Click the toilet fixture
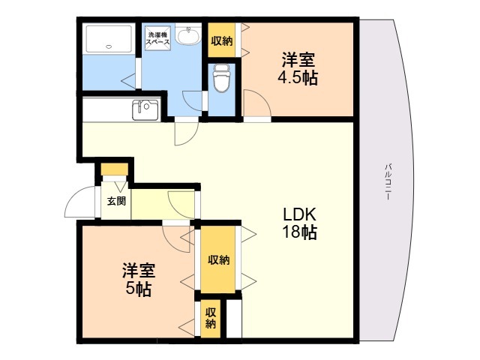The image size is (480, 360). [222, 78]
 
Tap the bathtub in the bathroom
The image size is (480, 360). [109, 39]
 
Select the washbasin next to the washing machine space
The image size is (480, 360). [188, 35]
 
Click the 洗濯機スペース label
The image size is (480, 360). [157, 38]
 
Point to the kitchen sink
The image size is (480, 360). [145, 110]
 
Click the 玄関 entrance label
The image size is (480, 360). [116, 201]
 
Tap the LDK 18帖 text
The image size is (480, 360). [299, 223]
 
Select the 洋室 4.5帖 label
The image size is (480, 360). [298, 68]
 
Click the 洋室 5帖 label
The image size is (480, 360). [139, 279]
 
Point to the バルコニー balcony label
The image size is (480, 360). [388, 181]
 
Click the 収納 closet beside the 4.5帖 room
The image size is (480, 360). [222, 40]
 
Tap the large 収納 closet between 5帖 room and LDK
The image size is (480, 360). [218, 259]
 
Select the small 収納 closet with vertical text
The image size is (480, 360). [210, 318]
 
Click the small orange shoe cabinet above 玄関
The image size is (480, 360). [115, 169]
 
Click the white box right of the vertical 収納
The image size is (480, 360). [234, 318]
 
